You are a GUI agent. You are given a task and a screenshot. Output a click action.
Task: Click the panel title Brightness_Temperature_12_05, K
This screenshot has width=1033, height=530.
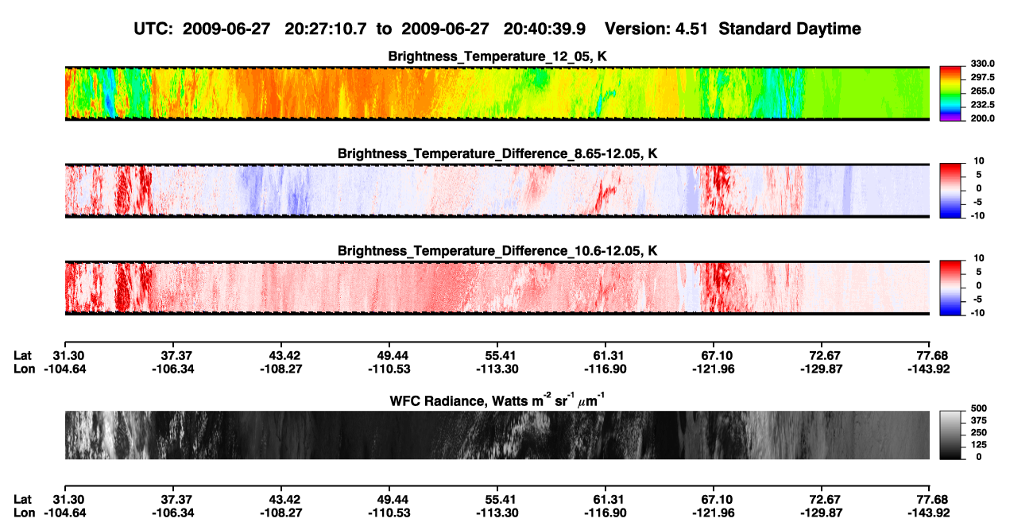pyautogui.click(x=497, y=56)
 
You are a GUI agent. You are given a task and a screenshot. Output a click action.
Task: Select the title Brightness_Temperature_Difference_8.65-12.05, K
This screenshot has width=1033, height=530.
pyautogui.click(x=497, y=153)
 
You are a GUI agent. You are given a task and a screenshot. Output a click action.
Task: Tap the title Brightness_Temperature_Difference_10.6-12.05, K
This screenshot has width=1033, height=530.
pyautogui.click(x=497, y=251)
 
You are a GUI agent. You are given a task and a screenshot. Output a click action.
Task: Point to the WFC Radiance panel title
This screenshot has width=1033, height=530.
pyautogui.click(x=497, y=400)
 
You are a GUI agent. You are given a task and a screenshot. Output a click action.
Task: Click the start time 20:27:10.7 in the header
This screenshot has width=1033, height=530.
pyautogui.click(x=325, y=29)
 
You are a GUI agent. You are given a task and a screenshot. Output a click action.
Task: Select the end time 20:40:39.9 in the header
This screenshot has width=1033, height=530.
pyautogui.click(x=544, y=29)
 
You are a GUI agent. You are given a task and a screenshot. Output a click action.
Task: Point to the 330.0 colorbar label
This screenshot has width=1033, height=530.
pyautogui.click(x=982, y=64)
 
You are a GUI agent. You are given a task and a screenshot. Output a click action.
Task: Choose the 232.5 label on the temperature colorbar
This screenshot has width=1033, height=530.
pyautogui.click(x=982, y=105)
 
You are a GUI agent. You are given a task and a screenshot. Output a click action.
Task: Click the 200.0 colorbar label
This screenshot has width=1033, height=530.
pyautogui.click(x=982, y=118)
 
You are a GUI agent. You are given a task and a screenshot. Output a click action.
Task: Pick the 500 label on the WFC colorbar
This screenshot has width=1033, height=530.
pyautogui.click(x=979, y=408)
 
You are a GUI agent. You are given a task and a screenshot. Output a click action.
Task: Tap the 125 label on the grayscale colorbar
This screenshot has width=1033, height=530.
pyautogui.click(x=979, y=445)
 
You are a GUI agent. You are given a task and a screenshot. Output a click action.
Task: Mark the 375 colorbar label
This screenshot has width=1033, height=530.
pyautogui.click(x=979, y=420)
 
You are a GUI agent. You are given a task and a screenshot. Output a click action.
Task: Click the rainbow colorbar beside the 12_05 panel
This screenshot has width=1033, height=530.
pyautogui.click(x=950, y=94)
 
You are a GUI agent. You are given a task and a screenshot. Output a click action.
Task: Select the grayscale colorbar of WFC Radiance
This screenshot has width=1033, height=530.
pyautogui.click(x=950, y=435)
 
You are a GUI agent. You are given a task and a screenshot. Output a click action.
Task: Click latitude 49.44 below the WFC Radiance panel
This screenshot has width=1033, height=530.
pyautogui.click(x=389, y=500)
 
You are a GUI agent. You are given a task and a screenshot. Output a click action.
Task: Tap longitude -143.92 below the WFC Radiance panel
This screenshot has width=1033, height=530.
pyautogui.click(x=929, y=513)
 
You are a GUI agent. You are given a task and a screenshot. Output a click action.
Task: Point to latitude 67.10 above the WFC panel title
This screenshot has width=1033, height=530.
pyautogui.click(x=714, y=356)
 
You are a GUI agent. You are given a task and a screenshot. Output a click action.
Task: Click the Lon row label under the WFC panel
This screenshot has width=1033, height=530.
pyautogui.click(x=24, y=513)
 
